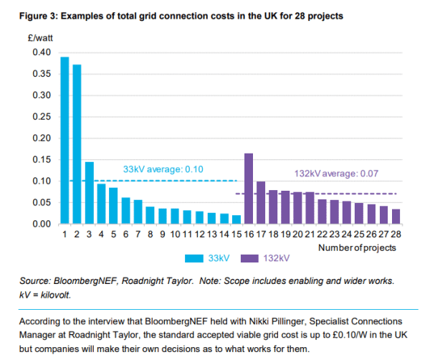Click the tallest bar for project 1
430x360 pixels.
click(64, 141)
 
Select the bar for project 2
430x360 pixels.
click(77, 144)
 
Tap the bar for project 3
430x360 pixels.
click(90, 193)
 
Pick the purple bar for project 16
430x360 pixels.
click(249, 189)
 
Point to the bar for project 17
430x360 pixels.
click(261, 203)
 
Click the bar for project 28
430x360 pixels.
click(396, 217)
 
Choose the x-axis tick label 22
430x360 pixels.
click(322, 234)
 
